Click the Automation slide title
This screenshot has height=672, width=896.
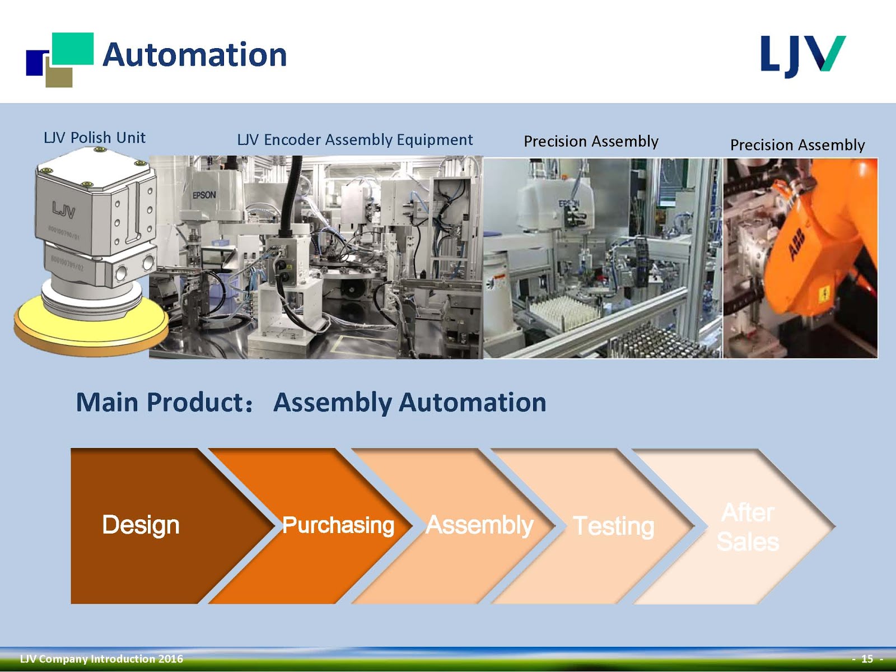pos(194,55)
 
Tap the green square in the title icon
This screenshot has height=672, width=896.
pos(73,48)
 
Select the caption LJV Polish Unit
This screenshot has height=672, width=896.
pos(95,138)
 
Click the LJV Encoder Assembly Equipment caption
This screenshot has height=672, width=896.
pos(354,139)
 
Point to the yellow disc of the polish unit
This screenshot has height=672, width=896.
pos(90,330)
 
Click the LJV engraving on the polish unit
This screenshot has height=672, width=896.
pos(63,211)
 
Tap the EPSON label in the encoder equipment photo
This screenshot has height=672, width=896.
pos(204,195)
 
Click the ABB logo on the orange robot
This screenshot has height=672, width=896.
pos(796,244)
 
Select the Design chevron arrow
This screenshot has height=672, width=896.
pos(141,525)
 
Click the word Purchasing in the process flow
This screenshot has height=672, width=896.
pos(338,525)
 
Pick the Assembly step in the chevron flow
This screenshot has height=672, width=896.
pos(479,525)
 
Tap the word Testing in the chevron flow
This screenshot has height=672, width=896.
pos(614,526)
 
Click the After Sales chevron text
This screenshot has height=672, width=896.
pos(748,527)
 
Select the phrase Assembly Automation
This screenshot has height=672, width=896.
pos(409,403)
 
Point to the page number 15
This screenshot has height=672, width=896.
pos(867,659)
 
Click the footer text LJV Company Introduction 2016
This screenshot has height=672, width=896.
pos(101,659)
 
